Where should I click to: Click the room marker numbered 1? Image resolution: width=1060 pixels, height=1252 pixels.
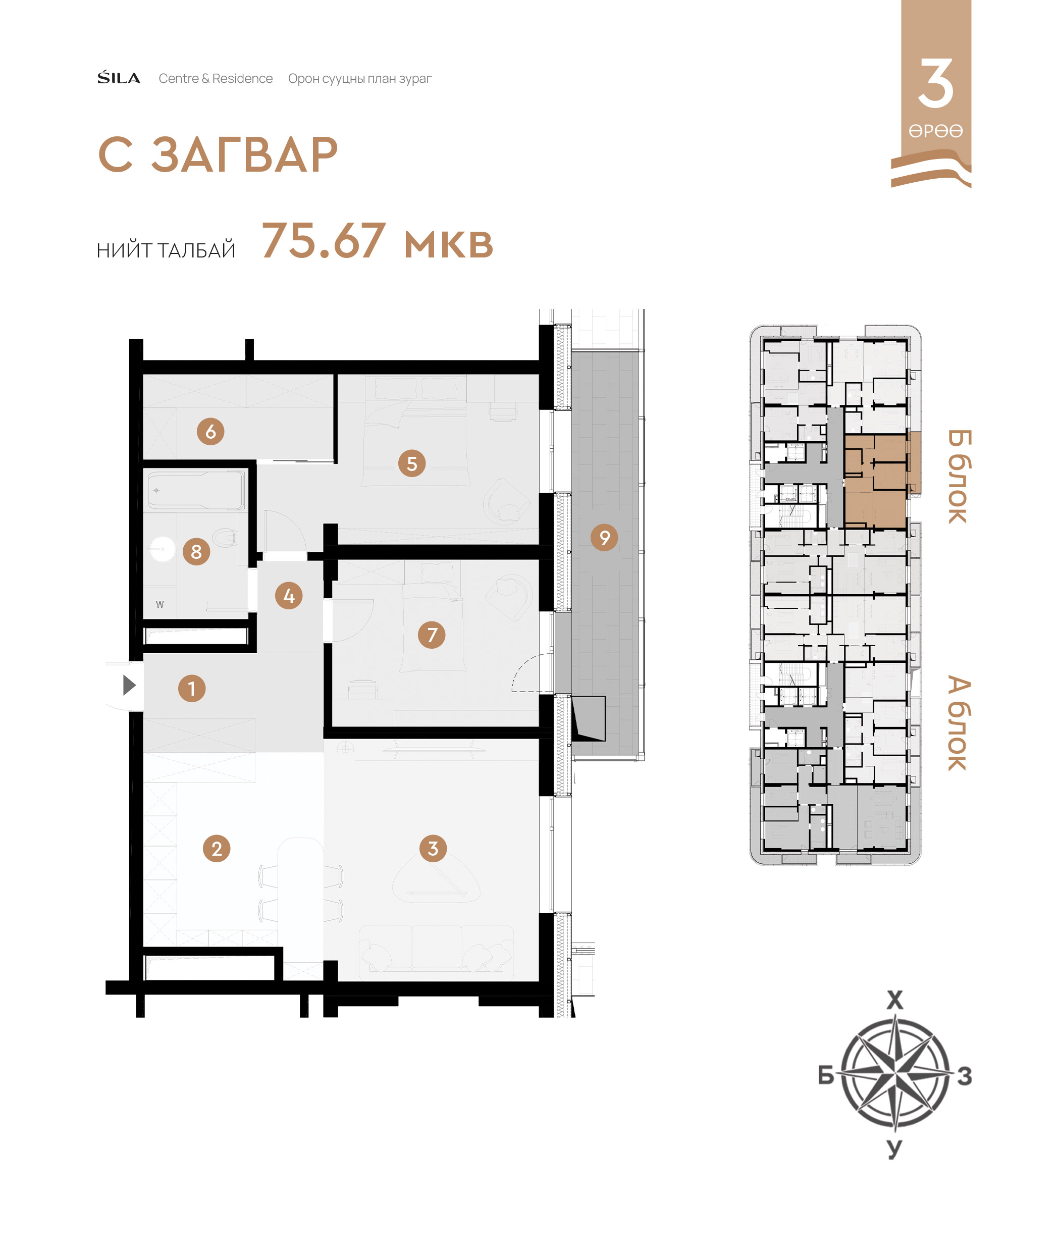192,688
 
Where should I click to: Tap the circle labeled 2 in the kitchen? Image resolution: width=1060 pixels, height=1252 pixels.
217,848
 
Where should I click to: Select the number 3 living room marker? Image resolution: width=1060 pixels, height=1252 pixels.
433,848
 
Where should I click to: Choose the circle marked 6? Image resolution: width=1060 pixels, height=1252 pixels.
210,432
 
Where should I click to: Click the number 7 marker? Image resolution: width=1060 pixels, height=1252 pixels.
432,635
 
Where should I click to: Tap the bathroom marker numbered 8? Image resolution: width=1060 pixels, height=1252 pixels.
196,551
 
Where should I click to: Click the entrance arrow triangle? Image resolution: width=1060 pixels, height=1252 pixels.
129,685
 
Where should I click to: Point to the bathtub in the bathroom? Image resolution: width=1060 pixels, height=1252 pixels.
196,490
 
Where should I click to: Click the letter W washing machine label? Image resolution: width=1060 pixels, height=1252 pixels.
160,605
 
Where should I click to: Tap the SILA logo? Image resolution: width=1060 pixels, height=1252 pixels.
119,78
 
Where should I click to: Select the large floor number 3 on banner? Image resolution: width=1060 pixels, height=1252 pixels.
936,83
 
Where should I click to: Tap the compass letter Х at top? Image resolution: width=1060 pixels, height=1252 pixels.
895,1000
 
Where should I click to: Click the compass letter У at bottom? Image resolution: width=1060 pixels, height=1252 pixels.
895,1149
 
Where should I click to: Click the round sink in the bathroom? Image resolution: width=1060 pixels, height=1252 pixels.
162,549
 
